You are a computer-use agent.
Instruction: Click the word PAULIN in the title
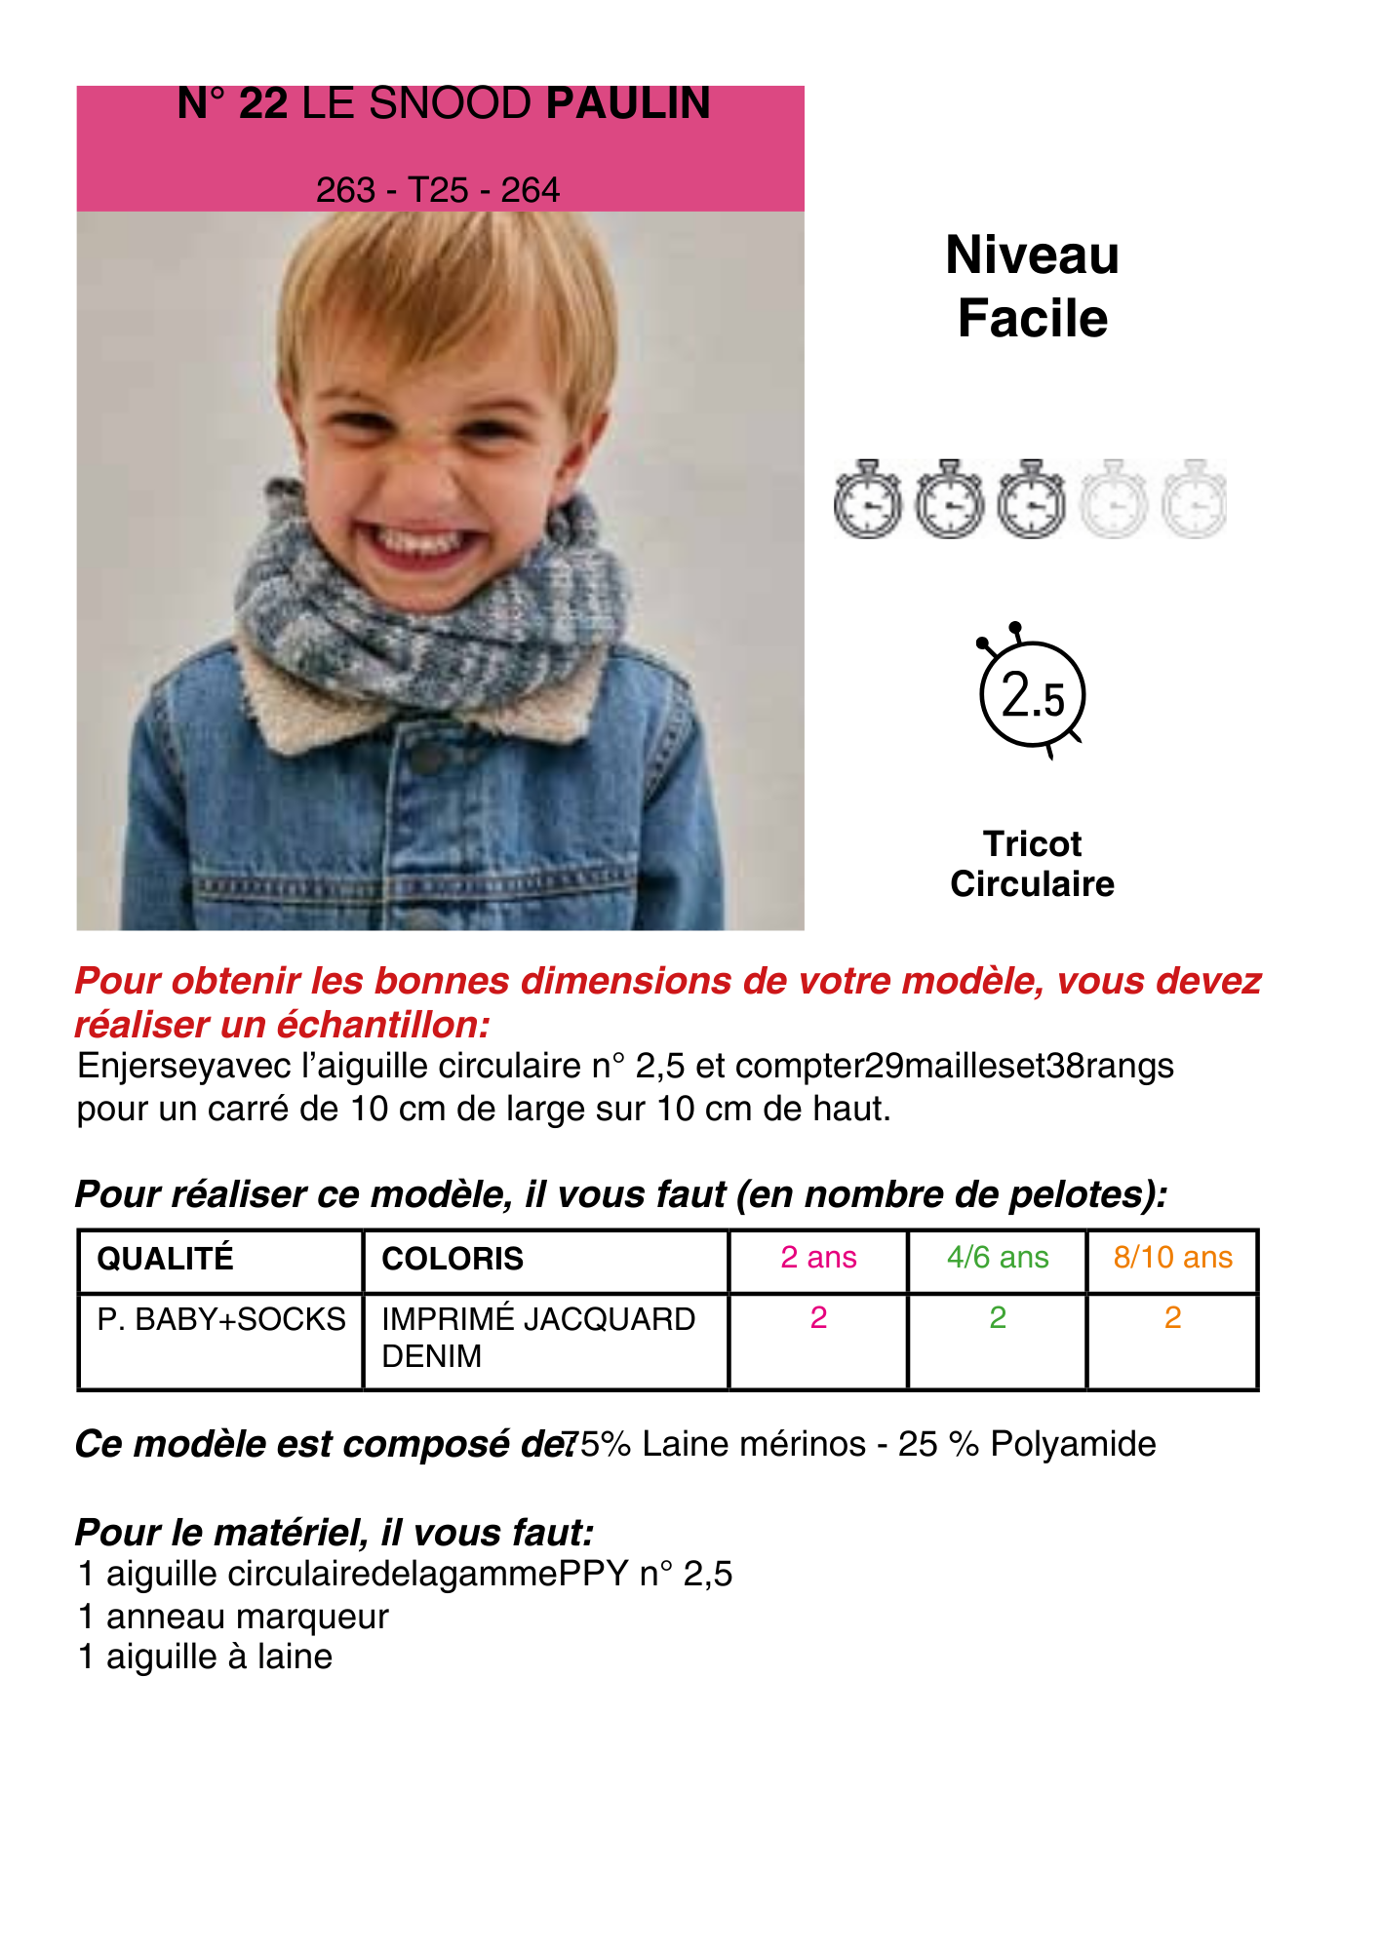(x=628, y=104)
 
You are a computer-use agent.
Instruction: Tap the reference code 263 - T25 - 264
(x=438, y=189)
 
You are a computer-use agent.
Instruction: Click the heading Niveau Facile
(x=1032, y=287)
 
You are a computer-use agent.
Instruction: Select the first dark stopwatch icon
(x=867, y=500)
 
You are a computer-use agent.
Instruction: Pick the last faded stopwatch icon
(x=1195, y=500)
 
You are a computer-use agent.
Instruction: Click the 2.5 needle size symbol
(x=1032, y=694)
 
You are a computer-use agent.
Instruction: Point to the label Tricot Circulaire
(x=1032, y=864)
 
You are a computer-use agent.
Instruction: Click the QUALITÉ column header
(x=166, y=1259)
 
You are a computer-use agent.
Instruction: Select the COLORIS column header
(x=453, y=1259)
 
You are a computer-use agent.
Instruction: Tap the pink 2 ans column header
(x=818, y=1258)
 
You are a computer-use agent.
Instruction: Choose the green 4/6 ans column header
(x=998, y=1258)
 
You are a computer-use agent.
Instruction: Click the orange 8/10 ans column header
(x=1173, y=1258)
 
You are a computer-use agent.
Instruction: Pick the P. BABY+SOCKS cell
(x=221, y=1319)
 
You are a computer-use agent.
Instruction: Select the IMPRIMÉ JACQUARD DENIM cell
(x=538, y=1337)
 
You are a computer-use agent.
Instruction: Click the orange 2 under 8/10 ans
(x=1173, y=1318)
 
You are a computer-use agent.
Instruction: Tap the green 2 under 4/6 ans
(x=998, y=1318)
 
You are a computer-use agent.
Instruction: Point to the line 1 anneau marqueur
(x=233, y=1617)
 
